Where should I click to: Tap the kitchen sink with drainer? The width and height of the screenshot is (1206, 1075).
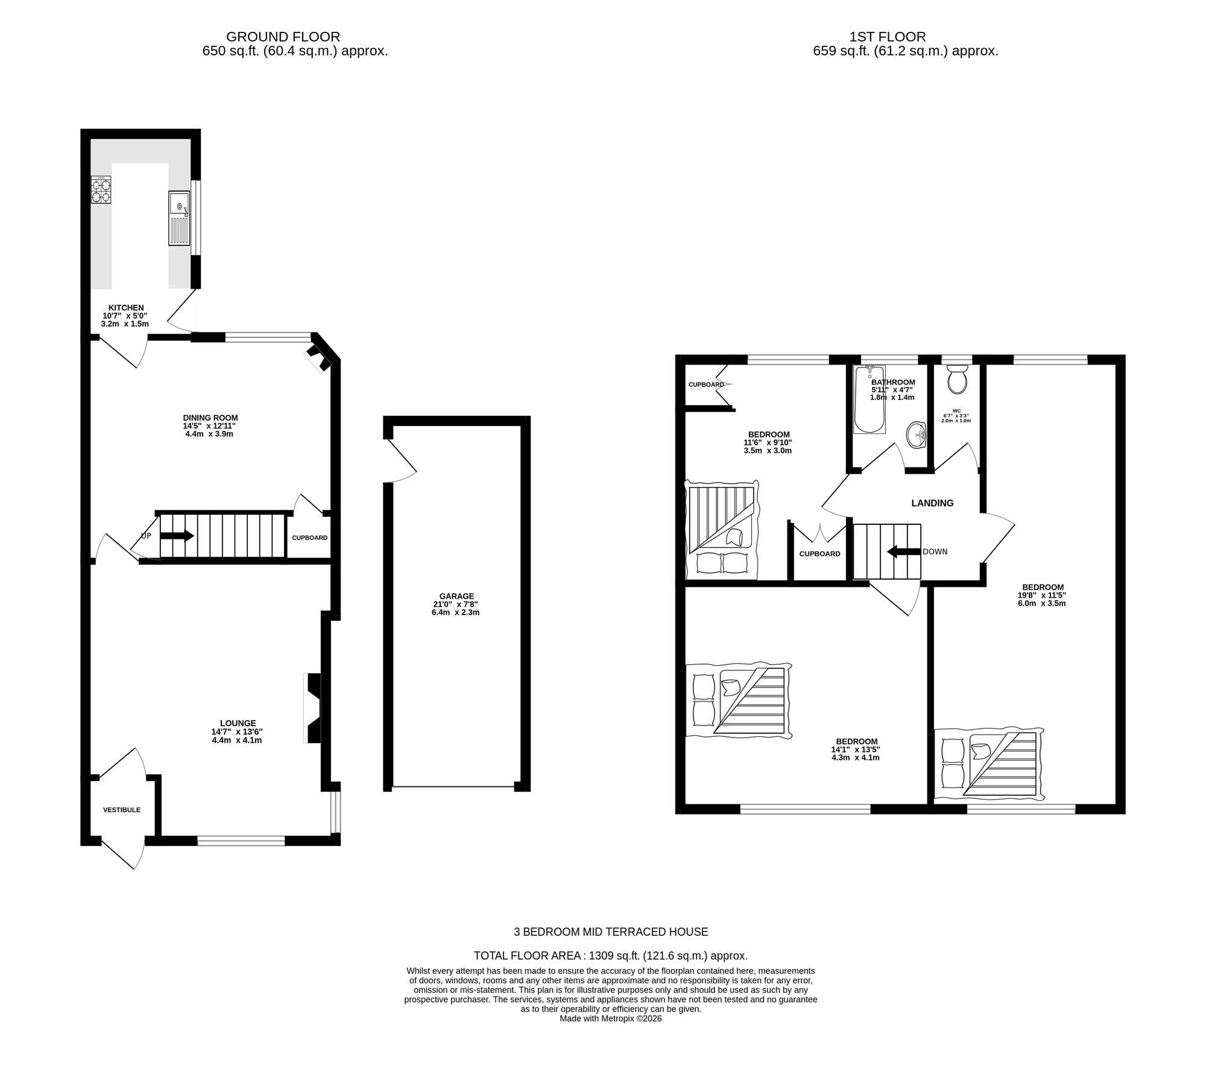(x=178, y=218)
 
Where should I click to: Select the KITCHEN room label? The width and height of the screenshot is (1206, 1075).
(x=125, y=308)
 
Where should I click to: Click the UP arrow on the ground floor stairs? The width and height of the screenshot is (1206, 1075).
(x=177, y=536)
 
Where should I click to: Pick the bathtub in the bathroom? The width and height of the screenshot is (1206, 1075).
(x=870, y=400)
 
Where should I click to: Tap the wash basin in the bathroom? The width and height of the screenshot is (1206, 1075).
(x=917, y=434)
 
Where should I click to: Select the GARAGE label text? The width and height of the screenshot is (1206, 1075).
(x=456, y=597)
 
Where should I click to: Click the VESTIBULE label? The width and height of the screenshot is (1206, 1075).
(x=121, y=810)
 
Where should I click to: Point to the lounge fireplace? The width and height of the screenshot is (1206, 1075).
(x=314, y=709)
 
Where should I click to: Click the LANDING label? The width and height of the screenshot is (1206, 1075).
(x=932, y=503)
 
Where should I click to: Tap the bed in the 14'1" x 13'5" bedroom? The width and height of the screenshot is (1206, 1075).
(x=738, y=701)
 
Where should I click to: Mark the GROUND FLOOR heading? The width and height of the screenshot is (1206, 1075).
(x=283, y=37)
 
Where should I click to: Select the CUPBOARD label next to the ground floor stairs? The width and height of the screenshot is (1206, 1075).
(x=309, y=537)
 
